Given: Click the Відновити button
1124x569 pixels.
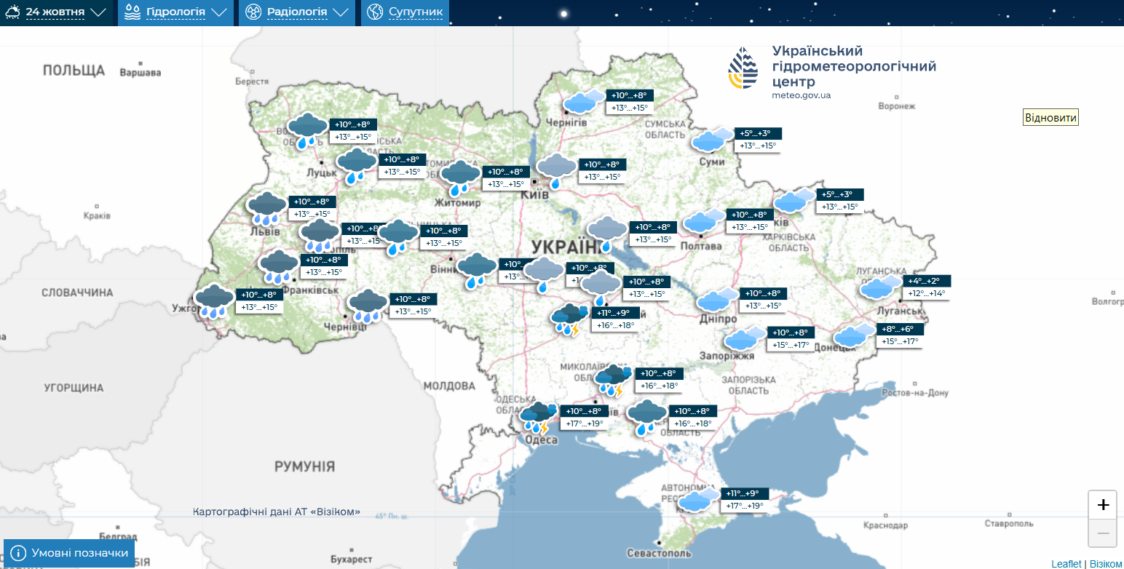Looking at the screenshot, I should tap(1050, 118).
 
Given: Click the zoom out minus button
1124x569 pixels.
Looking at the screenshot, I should tap(1103, 533).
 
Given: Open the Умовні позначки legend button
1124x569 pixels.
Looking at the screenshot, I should tap(70, 553).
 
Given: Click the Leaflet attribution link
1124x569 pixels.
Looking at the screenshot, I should tap(1066, 564).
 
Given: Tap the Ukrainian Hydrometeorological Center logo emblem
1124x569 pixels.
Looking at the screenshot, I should tap(743, 68).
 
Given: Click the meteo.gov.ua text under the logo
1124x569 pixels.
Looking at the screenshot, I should tap(801, 95).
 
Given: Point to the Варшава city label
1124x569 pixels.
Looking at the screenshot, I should tap(140, 73).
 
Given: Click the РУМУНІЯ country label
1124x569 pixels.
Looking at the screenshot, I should tap(304, 466).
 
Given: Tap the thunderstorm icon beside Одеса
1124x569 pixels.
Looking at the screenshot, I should tap(539, 418).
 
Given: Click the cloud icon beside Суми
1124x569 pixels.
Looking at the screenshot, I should tap(711, 139).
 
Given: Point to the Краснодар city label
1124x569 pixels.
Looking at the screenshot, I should tap(885, 525).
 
